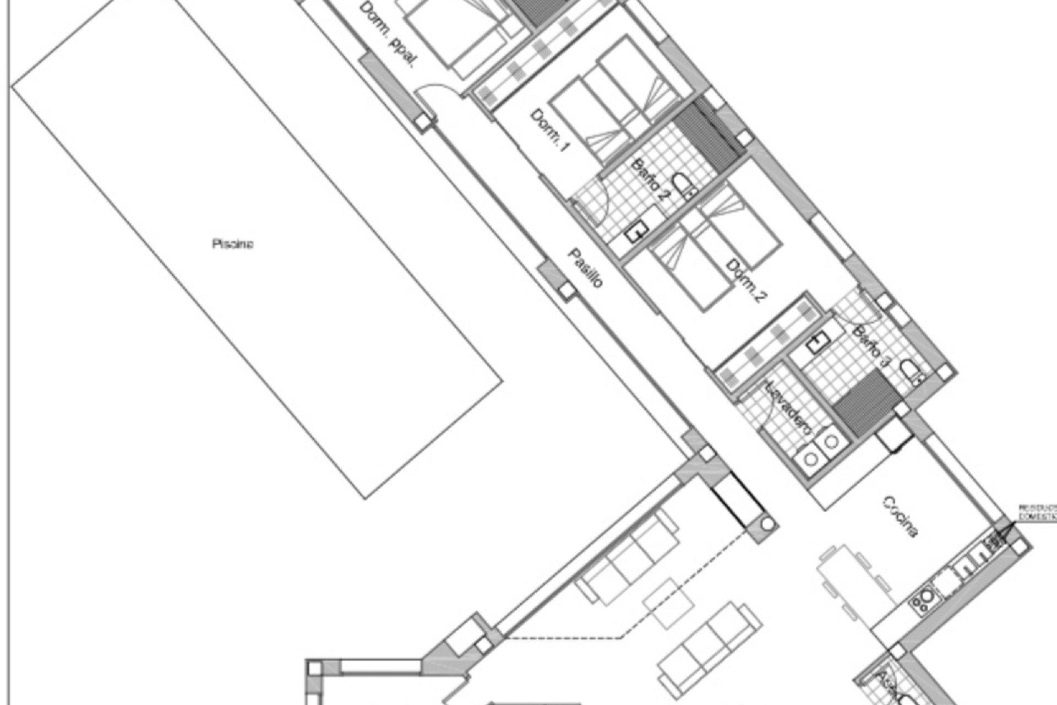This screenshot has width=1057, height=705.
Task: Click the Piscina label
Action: (232, 243)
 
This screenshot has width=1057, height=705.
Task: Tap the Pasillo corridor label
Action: (586, 268)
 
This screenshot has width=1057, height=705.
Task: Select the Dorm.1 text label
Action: (549, 131)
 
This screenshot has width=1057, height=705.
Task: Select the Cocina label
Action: (901, 517)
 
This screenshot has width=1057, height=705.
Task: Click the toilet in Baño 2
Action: (684, 187)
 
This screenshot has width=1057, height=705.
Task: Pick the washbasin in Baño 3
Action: (815, 344)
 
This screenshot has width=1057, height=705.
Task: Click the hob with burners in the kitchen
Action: (925, 601)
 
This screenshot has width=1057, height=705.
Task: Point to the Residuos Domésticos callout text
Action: (1037, 511)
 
